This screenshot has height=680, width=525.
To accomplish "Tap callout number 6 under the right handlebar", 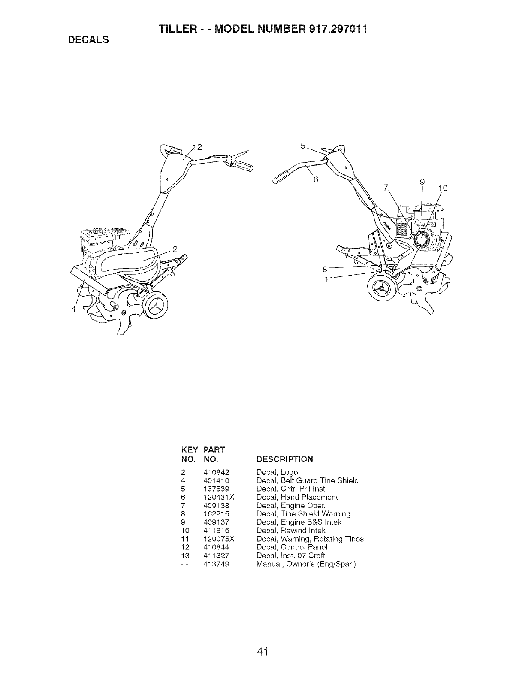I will (315, 180).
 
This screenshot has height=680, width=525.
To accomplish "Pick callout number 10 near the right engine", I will (442, 188).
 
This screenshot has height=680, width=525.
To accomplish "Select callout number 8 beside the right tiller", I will (325, 270).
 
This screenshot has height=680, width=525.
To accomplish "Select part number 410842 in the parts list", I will (217, 472).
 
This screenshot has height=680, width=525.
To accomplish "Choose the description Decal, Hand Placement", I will (297, 497).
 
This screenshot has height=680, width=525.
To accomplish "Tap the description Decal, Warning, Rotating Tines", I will (310, 539).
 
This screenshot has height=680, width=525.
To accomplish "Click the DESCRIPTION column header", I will (285, 459).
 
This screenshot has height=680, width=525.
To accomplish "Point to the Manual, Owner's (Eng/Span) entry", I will (306, 564).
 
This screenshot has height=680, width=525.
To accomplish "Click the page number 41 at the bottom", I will (262, 639).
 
